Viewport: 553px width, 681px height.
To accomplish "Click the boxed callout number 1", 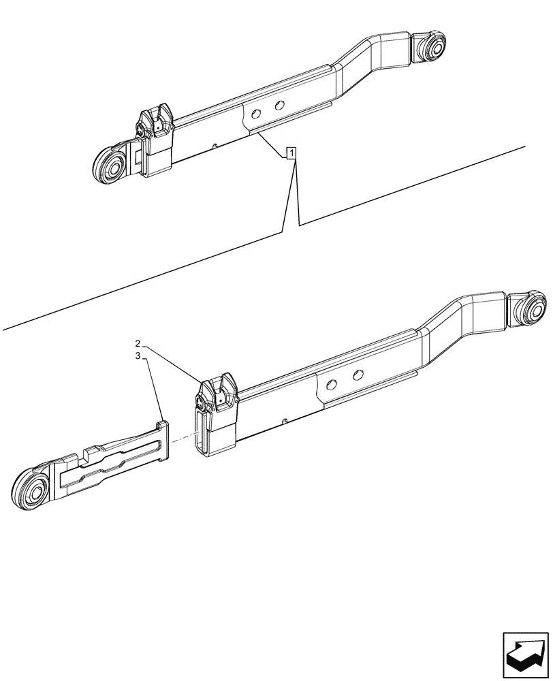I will click(x=291, y=153).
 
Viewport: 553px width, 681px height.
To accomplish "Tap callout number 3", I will click(x=138, y=355).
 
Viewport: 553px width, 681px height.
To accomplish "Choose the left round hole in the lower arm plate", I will click(x=331, y=385).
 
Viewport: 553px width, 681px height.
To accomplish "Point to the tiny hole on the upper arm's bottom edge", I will click(x=215, y=145).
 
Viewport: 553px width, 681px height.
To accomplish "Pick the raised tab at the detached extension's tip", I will click(x=163, y=426).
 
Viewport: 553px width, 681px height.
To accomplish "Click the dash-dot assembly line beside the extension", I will click(x=182, y=439).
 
